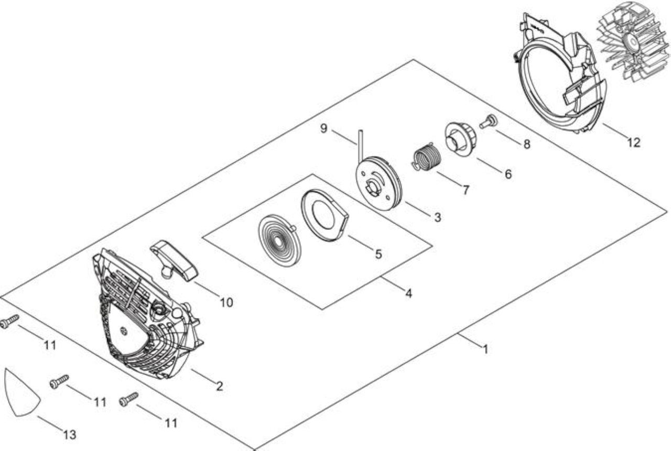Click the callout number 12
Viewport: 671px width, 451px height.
click(634, 142)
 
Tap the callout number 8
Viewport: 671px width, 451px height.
click(527, 144)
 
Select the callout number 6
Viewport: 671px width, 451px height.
click(508, 174)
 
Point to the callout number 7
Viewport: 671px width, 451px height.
click(466, 190)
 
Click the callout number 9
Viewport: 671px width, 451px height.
click(324, 128)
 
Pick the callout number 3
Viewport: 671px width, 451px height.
click(438, 217)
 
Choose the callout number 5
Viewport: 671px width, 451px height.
click(378, 254)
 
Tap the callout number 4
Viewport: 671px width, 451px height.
click(408, 293)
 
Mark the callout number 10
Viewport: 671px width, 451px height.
click(226, 303)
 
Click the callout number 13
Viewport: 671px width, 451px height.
click(70, 435)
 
